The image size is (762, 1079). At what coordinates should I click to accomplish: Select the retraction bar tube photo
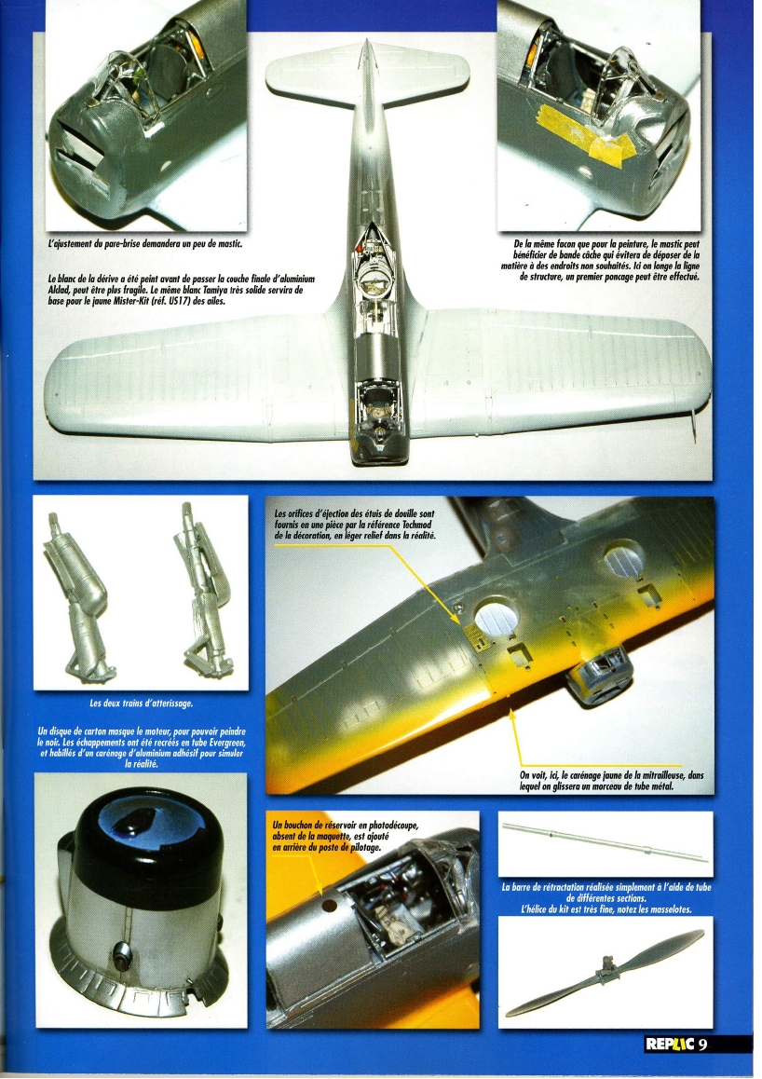tap(605, 843)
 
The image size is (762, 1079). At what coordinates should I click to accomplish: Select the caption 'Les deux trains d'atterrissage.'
tap(141, 703)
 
